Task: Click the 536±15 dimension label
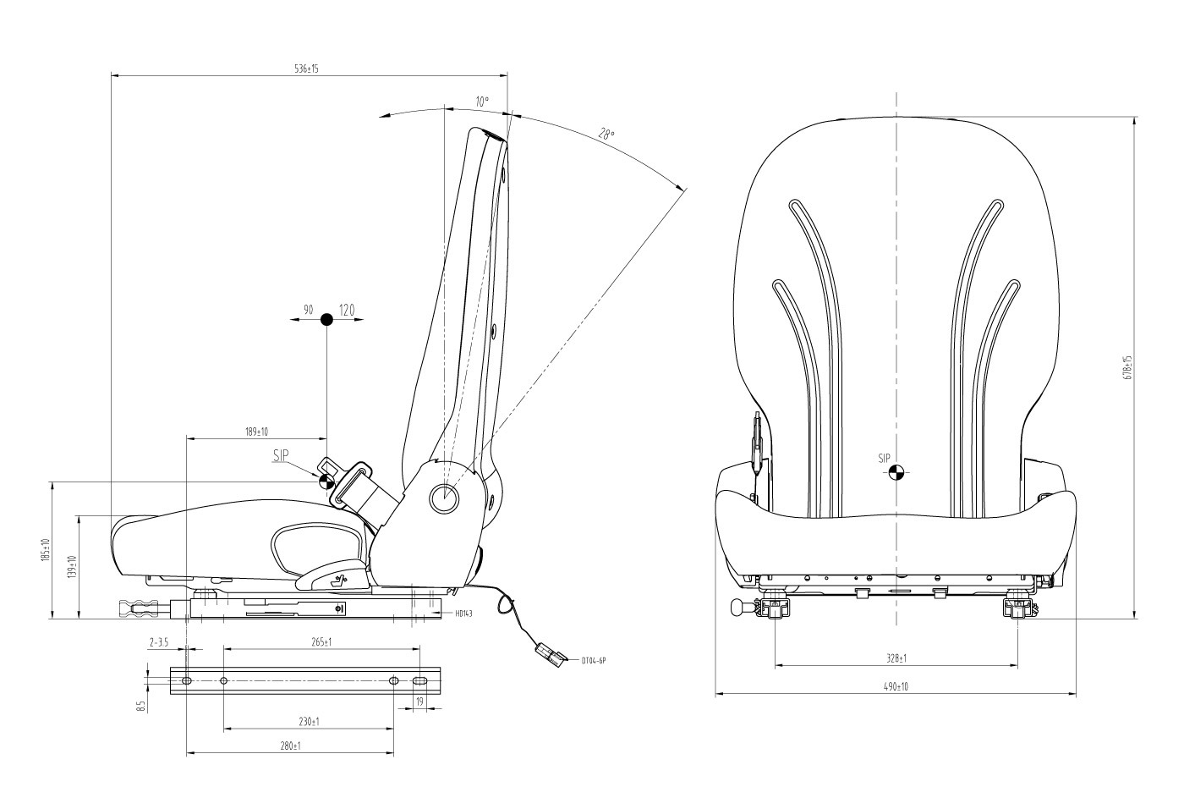click(x=306, y=69)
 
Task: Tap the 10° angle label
click(x=482, y=102)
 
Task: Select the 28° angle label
click(x=606, y=134)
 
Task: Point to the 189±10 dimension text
click(x=256, y=432)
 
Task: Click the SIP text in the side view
click(x=281, y=455)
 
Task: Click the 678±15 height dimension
click(x=1127, y=368)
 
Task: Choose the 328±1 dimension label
click(x=896, y=658)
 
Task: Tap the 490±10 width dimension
click(x=896, y=687)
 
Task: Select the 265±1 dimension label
click(x=321, y=642)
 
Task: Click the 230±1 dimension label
click(x=308, y=722)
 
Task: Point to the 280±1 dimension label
click(x=290, y=746)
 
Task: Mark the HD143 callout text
click(x=463, y=614)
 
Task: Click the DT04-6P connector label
click(x=595, y=660)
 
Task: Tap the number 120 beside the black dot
click(x=347, y=311)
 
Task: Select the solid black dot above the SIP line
click(x=326, y=320)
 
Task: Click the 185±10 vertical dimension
click(x=47, y=551)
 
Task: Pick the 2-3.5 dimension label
click(x=159, y=642)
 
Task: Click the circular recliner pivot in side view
click(x=445, y=498)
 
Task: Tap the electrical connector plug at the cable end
click(x=547, y=652)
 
